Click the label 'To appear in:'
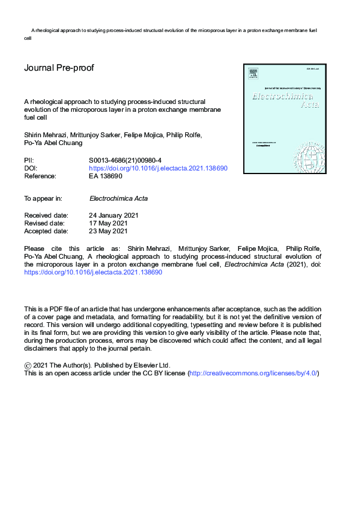click(43, 198)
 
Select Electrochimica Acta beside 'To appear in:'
click(119, 198)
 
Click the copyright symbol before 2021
click(27, 366)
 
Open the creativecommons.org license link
click(253, 374)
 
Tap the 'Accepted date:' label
click(46, 231)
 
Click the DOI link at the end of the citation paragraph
click(93, 273)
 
